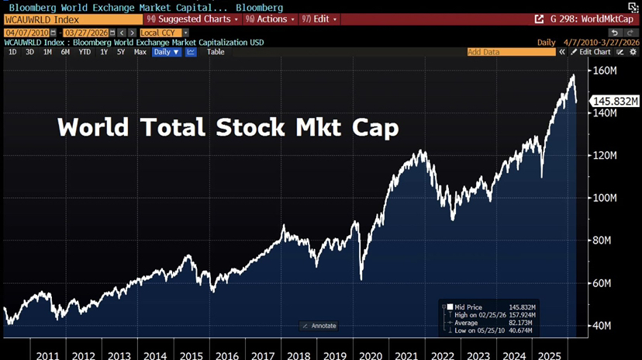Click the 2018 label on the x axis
pos(298,355)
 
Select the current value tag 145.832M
pos(615,102)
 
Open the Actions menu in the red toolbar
pos(269,19)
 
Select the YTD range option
pos(85,52)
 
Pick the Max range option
pos(140,52)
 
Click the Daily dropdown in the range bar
pos(166,52)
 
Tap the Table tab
pos(216,52)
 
